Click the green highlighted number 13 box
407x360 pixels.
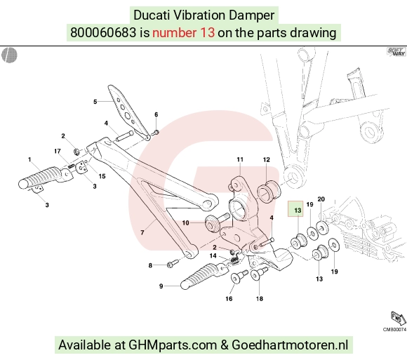tap(295, 208)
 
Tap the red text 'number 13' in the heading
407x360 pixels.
tap(184, 33)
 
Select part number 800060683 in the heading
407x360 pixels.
tap(103, 33)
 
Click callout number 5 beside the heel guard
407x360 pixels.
tap(95, 102)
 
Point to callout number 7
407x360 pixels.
tap(142, 232)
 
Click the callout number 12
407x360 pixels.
tap(267, 159)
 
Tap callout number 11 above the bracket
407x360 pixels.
tap(240, 159)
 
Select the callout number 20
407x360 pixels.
tap(321, 199)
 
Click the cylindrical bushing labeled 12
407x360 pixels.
tap(269, 192)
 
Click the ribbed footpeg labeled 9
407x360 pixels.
tap(203, 276)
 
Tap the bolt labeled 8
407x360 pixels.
tap(173, 263)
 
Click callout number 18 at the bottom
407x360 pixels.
tap(260, 299)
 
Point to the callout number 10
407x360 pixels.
tap(185, 222)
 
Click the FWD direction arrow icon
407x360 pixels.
tap(398, 318)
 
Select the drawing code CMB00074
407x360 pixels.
tap(394, 329)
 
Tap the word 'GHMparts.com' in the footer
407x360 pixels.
tap(173, 345)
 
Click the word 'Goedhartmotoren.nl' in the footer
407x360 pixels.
tap(290, 345)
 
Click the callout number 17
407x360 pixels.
tap(58, 151)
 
